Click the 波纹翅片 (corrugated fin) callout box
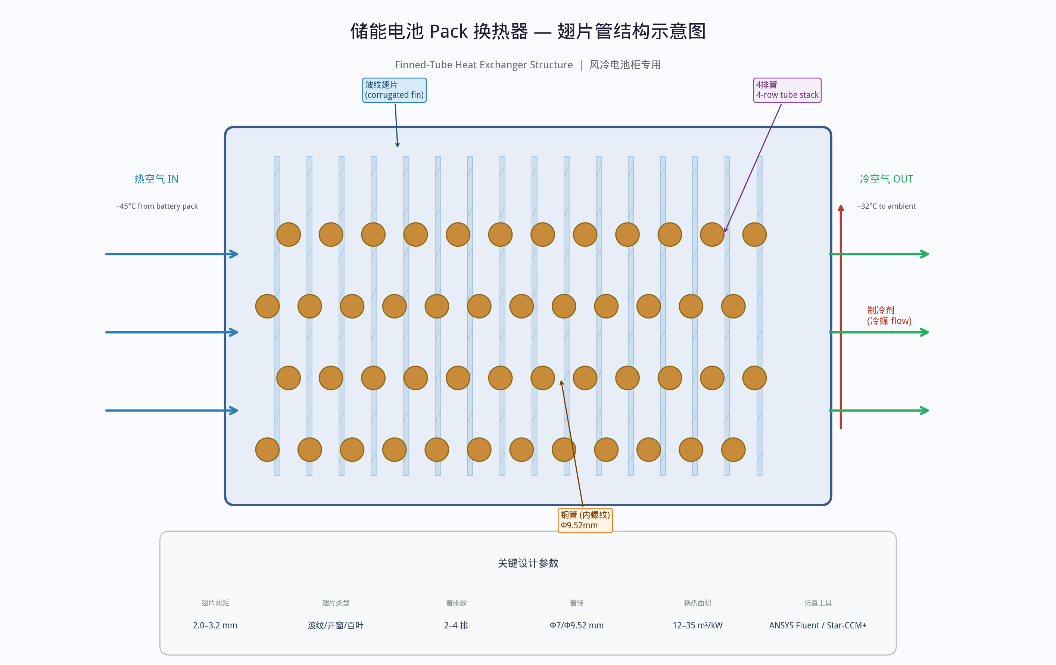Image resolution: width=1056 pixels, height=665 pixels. pos(394,90)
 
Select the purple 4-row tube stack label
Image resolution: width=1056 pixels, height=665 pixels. pos(787,90)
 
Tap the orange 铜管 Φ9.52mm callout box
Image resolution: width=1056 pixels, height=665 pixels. pos(585,520)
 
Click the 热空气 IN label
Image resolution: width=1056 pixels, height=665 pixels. pos(156,179)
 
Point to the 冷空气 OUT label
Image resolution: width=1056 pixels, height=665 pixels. pos(886,179)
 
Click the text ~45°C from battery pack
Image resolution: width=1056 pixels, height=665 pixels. pos(156,206)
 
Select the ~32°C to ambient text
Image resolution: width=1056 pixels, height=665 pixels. pos(886,206)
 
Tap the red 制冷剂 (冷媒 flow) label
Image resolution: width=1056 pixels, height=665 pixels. pos(889,316)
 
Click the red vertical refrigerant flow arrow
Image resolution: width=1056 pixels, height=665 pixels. pos(841,317)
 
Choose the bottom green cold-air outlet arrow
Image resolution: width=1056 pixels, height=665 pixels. pos(879,411)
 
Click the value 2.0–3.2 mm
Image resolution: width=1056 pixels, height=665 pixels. pos(215,625)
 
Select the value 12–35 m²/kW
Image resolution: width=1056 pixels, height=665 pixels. pos(697,625)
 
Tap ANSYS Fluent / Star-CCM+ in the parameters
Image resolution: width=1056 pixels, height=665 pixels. pos(818,625)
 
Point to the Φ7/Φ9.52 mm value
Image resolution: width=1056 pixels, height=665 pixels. pos(577,625)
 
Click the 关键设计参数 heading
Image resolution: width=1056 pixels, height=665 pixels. pos(528,563)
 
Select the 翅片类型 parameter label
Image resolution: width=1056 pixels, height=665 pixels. pos(336,603)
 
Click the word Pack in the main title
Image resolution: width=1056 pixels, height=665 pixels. pos(449,32)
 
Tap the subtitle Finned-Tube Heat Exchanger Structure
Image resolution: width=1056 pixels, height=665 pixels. pos(484,65)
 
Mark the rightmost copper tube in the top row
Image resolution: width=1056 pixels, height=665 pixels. pos(754,235)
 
